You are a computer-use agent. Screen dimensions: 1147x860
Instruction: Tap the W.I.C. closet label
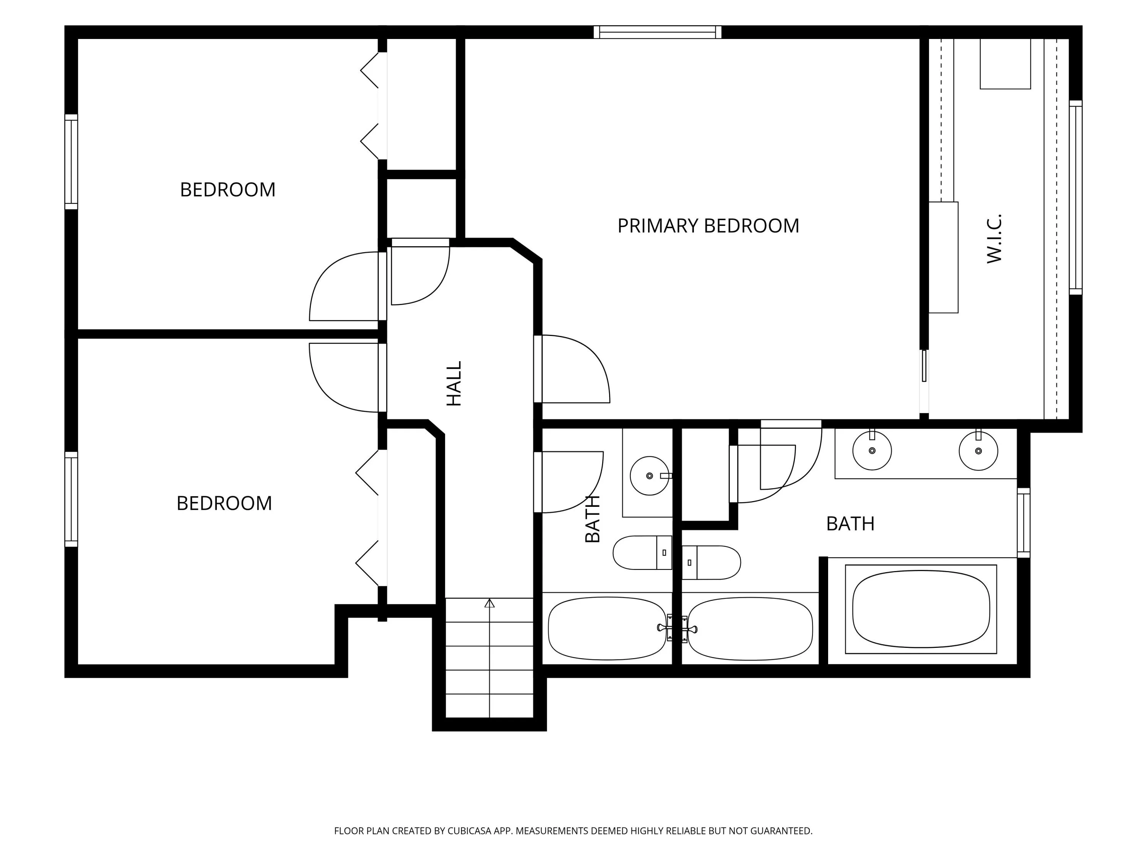click(x=994, y=239)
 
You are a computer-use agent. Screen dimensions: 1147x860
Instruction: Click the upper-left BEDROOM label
click(x=227, y=190)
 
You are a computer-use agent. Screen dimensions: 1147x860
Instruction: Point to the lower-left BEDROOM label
click(x=224, y=503)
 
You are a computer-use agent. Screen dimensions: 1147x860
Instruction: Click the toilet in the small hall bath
click(x=642, y=553)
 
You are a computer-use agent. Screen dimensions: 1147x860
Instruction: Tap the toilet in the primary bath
click(x=711, y=563)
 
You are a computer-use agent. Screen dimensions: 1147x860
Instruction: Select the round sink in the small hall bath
click(x=650, y=475)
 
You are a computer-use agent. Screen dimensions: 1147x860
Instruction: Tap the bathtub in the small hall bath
click(x=607, y=628)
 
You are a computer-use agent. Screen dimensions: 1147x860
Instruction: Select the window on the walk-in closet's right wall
click(x=1076, y=198)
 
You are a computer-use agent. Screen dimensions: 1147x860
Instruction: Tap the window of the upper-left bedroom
click(x=71, y=162)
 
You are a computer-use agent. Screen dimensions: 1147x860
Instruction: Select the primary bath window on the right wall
click(x=1024, y=522)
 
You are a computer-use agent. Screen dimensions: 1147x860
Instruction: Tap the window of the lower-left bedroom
click(x=71, y=499)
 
